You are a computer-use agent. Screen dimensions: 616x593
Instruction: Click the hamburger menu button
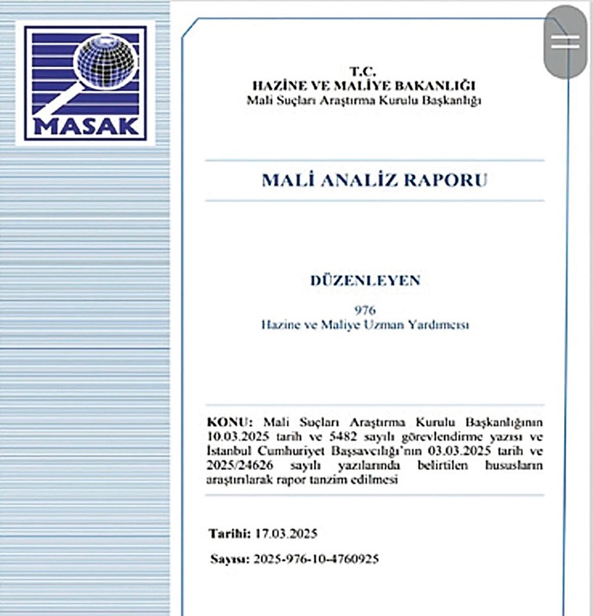click(565, 41)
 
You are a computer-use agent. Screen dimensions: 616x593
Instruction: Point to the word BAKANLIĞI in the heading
click(440, 85)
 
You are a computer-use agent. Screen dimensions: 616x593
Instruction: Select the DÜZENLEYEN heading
click(364, 281)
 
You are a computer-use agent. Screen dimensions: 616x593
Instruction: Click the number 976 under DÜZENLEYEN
click(365, 311)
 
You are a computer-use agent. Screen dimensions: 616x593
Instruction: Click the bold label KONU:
click(231, 422)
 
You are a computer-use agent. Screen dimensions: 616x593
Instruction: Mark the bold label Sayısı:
click(229, 559)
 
